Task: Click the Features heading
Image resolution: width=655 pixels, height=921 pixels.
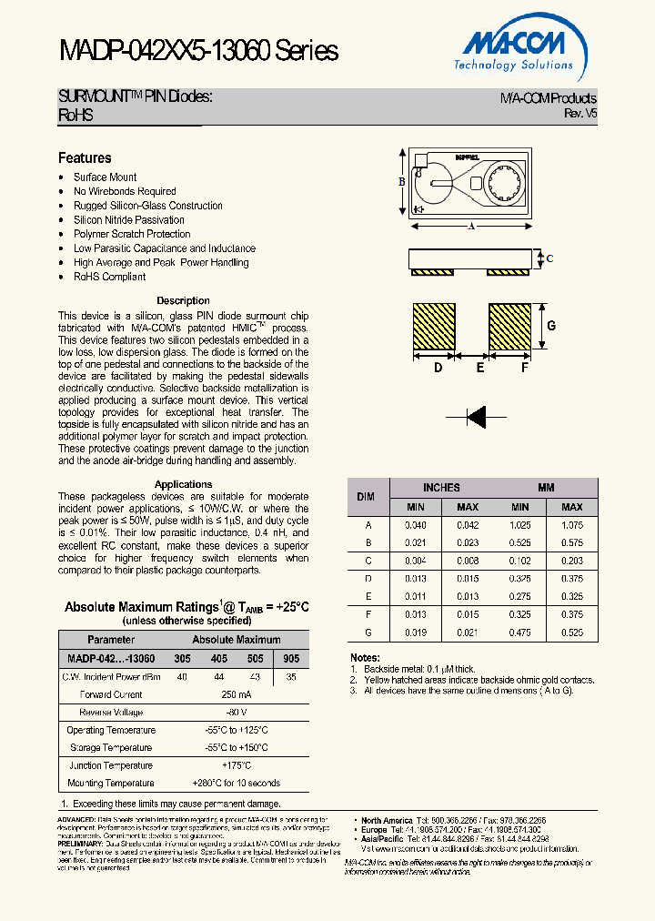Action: (x=85, y=158)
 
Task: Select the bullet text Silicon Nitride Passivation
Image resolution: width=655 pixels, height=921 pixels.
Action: (x=128, y=220)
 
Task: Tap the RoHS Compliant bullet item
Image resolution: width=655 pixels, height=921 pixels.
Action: (x=109, y=277)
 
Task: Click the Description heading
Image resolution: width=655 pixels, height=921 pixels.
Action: (x=183, y=300)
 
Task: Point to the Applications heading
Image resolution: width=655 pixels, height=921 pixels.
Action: (x=183, y=484)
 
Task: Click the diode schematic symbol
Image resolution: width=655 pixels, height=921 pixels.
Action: (x=474, y=417)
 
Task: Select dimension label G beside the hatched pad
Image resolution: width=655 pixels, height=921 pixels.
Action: (x=551, y=326)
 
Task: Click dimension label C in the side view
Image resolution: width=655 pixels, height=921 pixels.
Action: (x=549, y=258)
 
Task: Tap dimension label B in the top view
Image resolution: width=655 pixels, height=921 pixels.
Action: (x=401, y=181)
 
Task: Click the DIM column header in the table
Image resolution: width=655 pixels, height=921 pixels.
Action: (x=366, y=497)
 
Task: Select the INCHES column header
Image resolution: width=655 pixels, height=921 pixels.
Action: (x=441, y=488)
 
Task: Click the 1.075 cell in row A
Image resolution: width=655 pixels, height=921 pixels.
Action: (x=571, y=525)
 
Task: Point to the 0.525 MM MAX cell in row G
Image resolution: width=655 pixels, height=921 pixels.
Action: (x=571, y=632)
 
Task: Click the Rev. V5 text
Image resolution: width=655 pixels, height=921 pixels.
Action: (x=580, y=114)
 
